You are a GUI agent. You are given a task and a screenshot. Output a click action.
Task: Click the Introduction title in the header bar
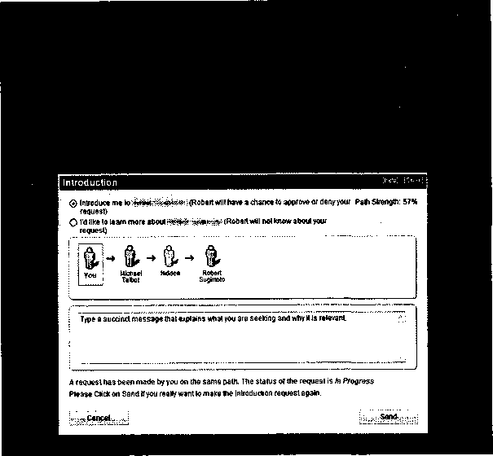90,183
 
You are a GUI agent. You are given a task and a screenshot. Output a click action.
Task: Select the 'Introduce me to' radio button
74,202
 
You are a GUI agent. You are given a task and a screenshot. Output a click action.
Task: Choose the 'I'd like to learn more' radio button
74,221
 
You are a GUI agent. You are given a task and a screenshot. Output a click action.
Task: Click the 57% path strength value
410,201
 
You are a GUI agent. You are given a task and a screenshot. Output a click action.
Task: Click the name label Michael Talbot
130,276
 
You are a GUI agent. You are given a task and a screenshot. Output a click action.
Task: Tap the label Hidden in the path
170,273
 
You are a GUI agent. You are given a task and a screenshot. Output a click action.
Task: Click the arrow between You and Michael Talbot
109,257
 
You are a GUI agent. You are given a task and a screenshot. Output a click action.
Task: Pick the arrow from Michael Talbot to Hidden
150,257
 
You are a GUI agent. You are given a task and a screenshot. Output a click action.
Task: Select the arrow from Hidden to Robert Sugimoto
191,257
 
